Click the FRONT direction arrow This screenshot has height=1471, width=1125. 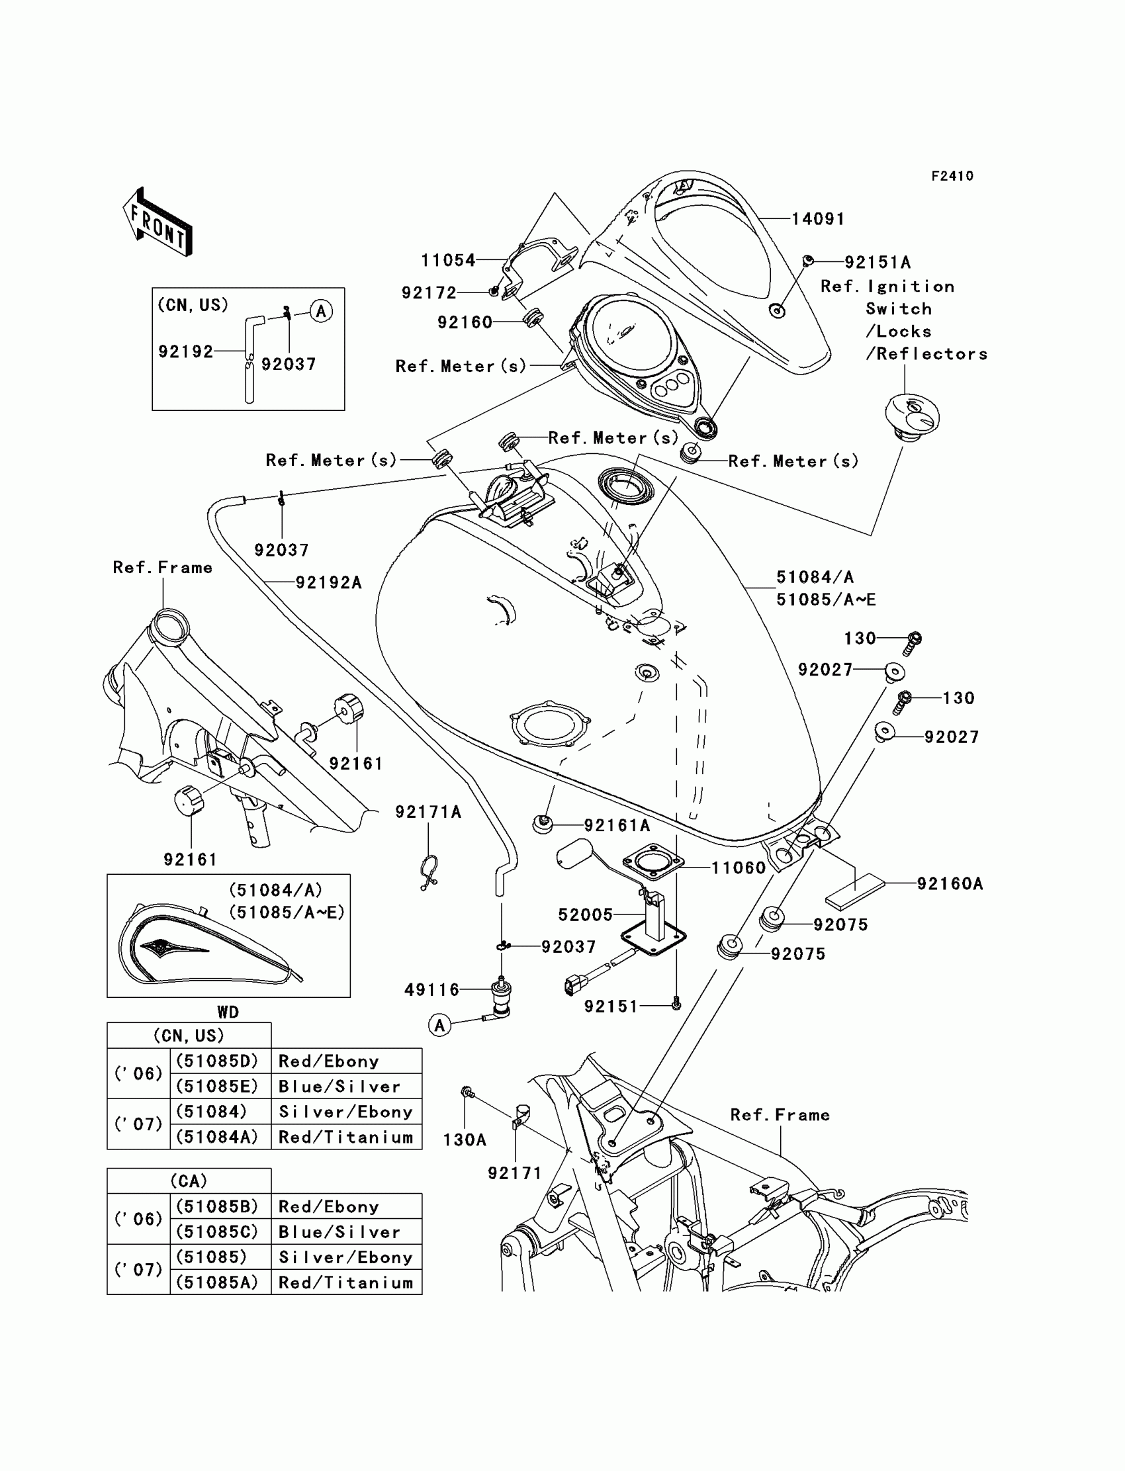[x=158, y=222]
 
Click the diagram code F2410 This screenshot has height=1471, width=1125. [x=952, y=176]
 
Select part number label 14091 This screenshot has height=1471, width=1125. [x=818, y=219]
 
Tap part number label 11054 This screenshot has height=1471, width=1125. [x=448, y=260]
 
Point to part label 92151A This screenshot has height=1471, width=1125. [x=877, y=262]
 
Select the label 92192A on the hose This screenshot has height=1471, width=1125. [x=328, y=582]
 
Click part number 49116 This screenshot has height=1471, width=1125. [x=432, y=989]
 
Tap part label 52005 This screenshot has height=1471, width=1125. [x=585, y=914]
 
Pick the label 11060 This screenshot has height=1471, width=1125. [x=738, y=868]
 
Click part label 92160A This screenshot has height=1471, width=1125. [x=950, y=884]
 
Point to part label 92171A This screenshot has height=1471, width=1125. [x=428, y=812]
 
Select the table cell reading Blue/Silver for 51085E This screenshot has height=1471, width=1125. [x=339, y=1086]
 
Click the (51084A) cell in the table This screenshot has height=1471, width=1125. [x=217, y=1137]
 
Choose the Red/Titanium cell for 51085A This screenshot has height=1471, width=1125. [x=345, y=1282]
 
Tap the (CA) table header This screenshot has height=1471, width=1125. [x=189, y=1181]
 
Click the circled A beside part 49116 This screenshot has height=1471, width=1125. [x=439, y=1025]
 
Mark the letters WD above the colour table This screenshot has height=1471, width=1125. [x=228, y=1012]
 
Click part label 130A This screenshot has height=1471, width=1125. [x=464, y=1139]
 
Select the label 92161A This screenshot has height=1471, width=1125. [x=617, y=826]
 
